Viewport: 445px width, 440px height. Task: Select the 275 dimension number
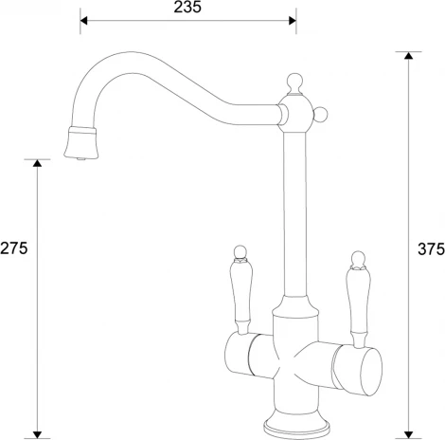(x=13, y=248)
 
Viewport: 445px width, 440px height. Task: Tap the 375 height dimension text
(x=432, y=248)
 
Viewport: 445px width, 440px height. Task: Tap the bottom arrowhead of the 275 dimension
(x=37, y=430)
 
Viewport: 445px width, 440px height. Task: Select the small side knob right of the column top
(x=321, y=116)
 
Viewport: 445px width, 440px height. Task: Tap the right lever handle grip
(x=358, y=302)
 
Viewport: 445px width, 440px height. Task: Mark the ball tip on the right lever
(x=358, y=257)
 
